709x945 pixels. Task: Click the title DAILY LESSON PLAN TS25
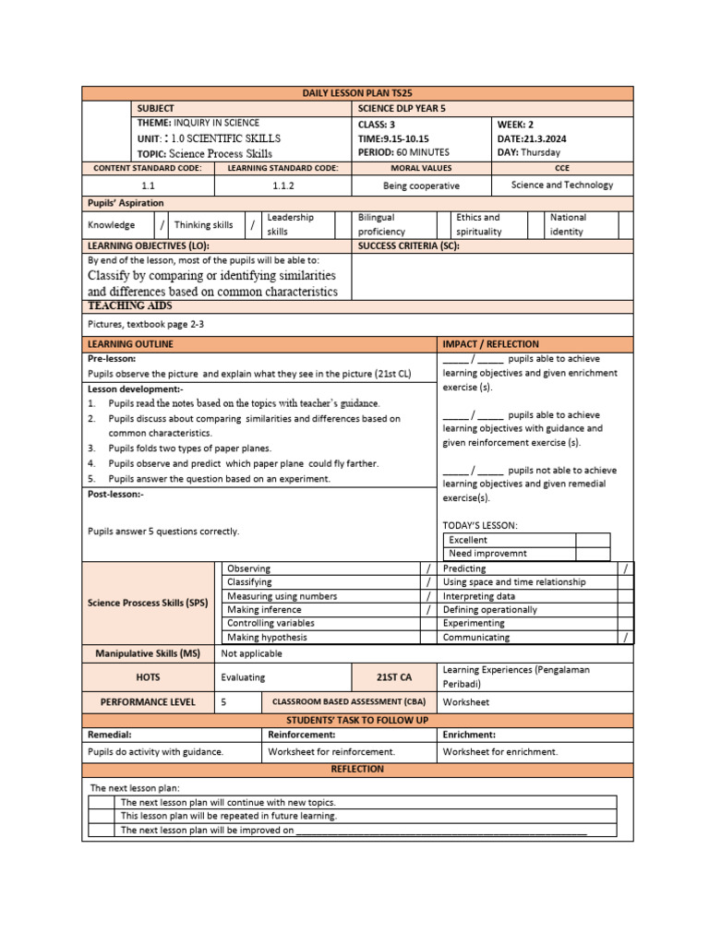click(x=357, y=94)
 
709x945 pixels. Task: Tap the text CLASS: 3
click(x=377, y=123)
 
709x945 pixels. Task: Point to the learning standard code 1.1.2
click(x=283, y=185)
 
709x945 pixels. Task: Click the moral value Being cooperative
click(x=421, y=185)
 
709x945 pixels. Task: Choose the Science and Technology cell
click(x=561, y=185)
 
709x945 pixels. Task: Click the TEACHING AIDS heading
click(x=129, y=305)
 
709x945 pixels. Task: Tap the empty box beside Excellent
click(x=593, y=540)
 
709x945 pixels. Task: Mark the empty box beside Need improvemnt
click(x=593, y=554)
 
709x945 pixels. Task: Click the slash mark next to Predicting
click(x=626, y=569)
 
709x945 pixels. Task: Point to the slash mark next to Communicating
click(x=626, y=637)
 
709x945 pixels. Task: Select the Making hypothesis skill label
click(x=268, y=637)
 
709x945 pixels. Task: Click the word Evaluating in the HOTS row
click(x=243, y=676)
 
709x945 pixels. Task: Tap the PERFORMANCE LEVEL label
click(x=148, y=702)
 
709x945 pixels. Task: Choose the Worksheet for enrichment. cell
click(x=499, y=752)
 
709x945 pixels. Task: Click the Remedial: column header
click(x=110, y=735)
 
